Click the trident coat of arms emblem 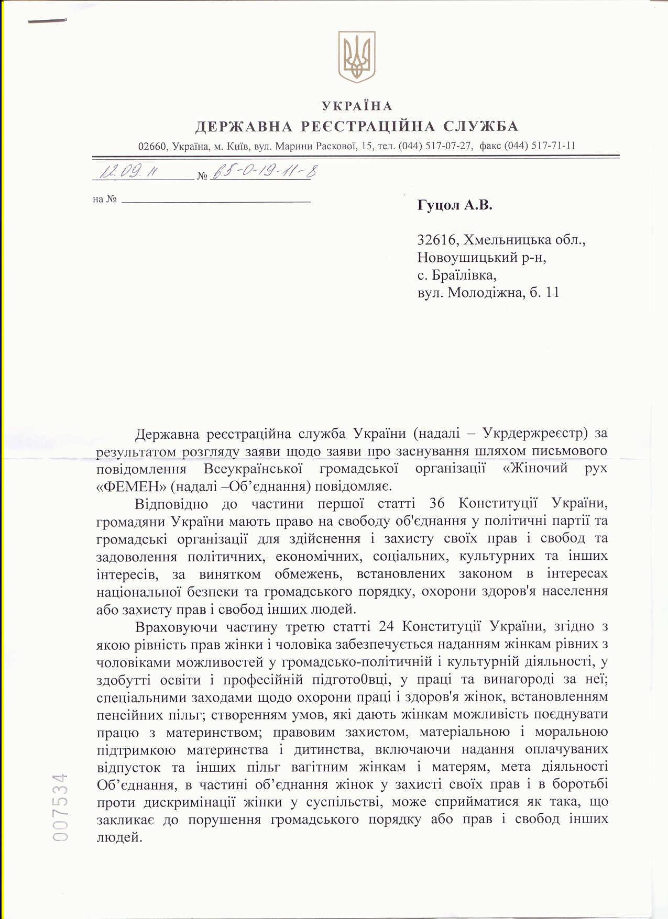pyautogui.click(x=356, y=57)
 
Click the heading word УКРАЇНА pyautogui.click(x=357, y=106)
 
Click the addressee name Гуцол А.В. pyautogui.click(x=455, y=205)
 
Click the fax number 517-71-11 pyautogui.click(x=553, y=146)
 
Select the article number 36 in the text pyautogui.click(x=436, y=504)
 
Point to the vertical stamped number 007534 pyautogui.click(x=61, y=807)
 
